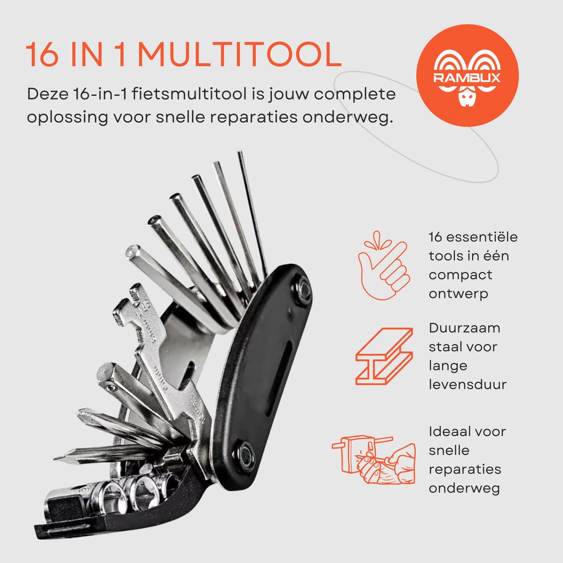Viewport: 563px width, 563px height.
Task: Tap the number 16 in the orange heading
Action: [x=42, y=55]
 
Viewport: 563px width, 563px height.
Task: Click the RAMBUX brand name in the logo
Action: [x=467, y=78]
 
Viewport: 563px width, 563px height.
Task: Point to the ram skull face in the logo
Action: [x=467, y=98]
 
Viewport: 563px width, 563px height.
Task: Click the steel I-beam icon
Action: [x=384, y=356]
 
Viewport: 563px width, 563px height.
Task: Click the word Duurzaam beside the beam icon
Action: [x=464, y=328]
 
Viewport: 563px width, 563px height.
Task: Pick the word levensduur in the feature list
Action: [x=467, y=384]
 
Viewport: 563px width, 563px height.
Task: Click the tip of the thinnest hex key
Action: [x=239, y=153]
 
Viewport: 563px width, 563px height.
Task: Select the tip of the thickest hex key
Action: [x=133, y=250]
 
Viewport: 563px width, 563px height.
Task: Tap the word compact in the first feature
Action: [x=460, y=275]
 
